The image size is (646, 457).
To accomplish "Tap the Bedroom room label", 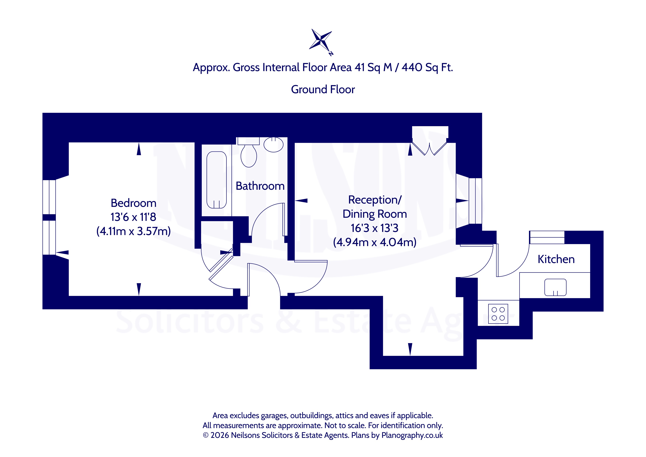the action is click(x=133, y=203).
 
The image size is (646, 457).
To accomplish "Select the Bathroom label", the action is click(x=260, y=186).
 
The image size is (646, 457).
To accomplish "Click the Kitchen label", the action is click(x=556, y=259).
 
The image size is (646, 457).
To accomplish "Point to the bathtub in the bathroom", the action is click(x=216, y=180).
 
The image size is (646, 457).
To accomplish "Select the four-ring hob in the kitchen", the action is click(x=498, y=314).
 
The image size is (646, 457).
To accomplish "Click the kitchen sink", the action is click(x=555, y=287).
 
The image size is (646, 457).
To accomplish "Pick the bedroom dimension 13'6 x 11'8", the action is click(x=133, y=217).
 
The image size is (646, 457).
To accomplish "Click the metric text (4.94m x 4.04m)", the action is click(x=374, y=242).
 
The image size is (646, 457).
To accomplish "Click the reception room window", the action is click(x=475, y=201).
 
